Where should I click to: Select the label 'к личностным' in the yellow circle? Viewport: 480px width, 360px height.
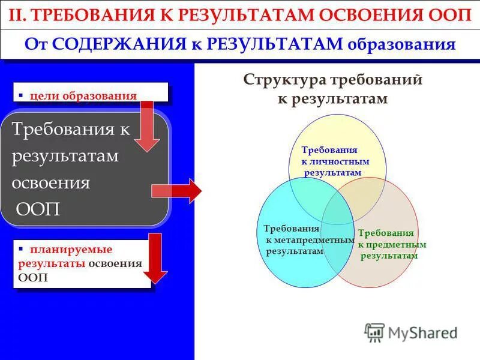point(335,161)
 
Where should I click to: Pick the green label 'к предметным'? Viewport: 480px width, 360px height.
point(392,244)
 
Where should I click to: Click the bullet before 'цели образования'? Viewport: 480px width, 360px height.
point(20,95)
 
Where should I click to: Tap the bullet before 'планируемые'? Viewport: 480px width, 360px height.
point(20,248)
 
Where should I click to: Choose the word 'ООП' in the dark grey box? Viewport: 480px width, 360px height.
point(37,210)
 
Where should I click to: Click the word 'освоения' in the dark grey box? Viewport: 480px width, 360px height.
point(50,183)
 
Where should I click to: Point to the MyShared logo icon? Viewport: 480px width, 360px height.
point(374,332)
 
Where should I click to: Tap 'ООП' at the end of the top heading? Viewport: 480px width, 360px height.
point(454,15)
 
